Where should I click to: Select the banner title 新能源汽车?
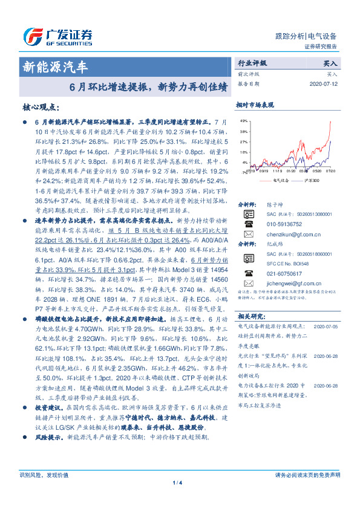click(x=55, y=65)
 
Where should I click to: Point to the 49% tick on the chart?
click(x=244, y=120)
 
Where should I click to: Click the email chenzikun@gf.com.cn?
click(x=289, y=233)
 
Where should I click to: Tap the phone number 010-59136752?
click(x=284, y=222)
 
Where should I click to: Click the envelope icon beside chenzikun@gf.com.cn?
click(x=247, y=233)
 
